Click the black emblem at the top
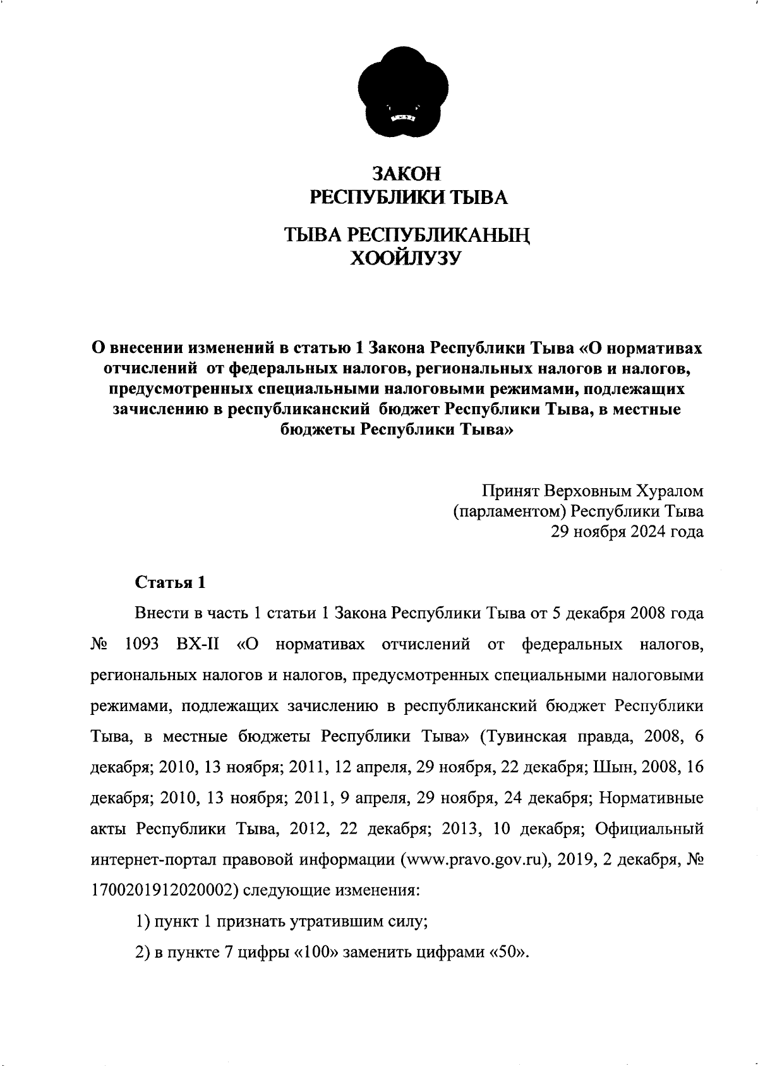tap(403, 94)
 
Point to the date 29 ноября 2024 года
tap(627, 532)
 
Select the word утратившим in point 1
tap(335, 921)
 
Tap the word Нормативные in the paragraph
tap(651, 798)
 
